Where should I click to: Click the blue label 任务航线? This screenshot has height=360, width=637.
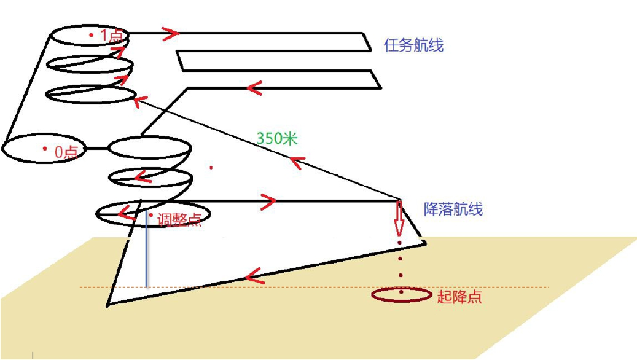click(x=413, y=45)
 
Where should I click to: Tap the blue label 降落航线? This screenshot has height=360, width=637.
click(x=453, y=209)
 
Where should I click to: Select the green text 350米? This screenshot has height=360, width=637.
click(x=277, y=139)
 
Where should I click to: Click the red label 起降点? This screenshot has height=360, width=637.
click(x=459, y=297)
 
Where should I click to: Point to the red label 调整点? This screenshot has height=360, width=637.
click(x=179, y=220)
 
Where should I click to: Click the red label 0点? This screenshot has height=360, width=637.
click(x=66, y=152)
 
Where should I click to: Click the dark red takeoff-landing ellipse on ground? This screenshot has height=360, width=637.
click(x=401, y=295)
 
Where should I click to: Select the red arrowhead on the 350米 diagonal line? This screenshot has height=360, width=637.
click(x=298, y=162)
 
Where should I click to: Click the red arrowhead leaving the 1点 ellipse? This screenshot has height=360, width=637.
click(x=171, y=34)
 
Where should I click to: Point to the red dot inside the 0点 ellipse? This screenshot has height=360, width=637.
click(x=45, y=149)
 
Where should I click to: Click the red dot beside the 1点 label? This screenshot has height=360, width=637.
click(x=92, y=36)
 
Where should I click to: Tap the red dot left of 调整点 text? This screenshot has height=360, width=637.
click(x=151, y=215)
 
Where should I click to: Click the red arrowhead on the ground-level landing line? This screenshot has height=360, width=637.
click(x=255, y=276)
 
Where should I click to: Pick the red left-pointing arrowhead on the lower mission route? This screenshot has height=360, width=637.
click(x=255, y=88)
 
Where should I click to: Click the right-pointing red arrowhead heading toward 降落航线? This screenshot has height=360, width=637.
click(x=268, y=200)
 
